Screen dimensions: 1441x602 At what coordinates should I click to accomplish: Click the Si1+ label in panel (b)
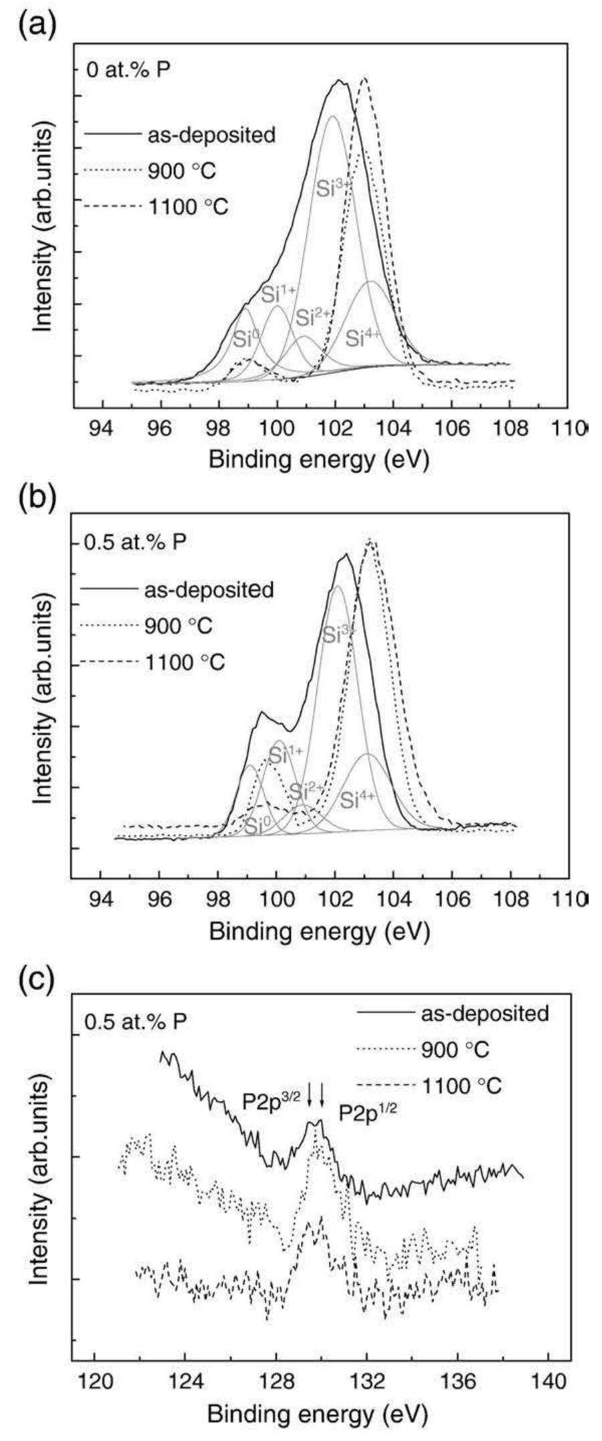tap(286, 755)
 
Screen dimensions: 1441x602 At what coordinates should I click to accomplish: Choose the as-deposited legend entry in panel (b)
tap(209, 590)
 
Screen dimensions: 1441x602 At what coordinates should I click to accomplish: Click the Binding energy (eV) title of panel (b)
tap(318, 932)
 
